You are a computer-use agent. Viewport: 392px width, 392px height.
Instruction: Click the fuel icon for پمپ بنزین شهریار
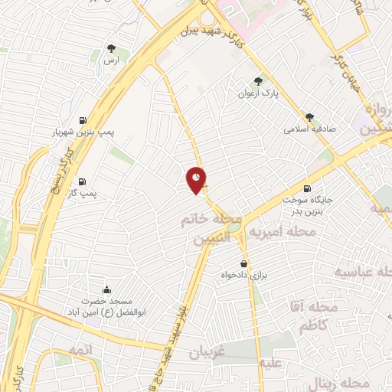(82, 119)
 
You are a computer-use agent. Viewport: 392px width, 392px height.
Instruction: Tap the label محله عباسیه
(363, 273)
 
